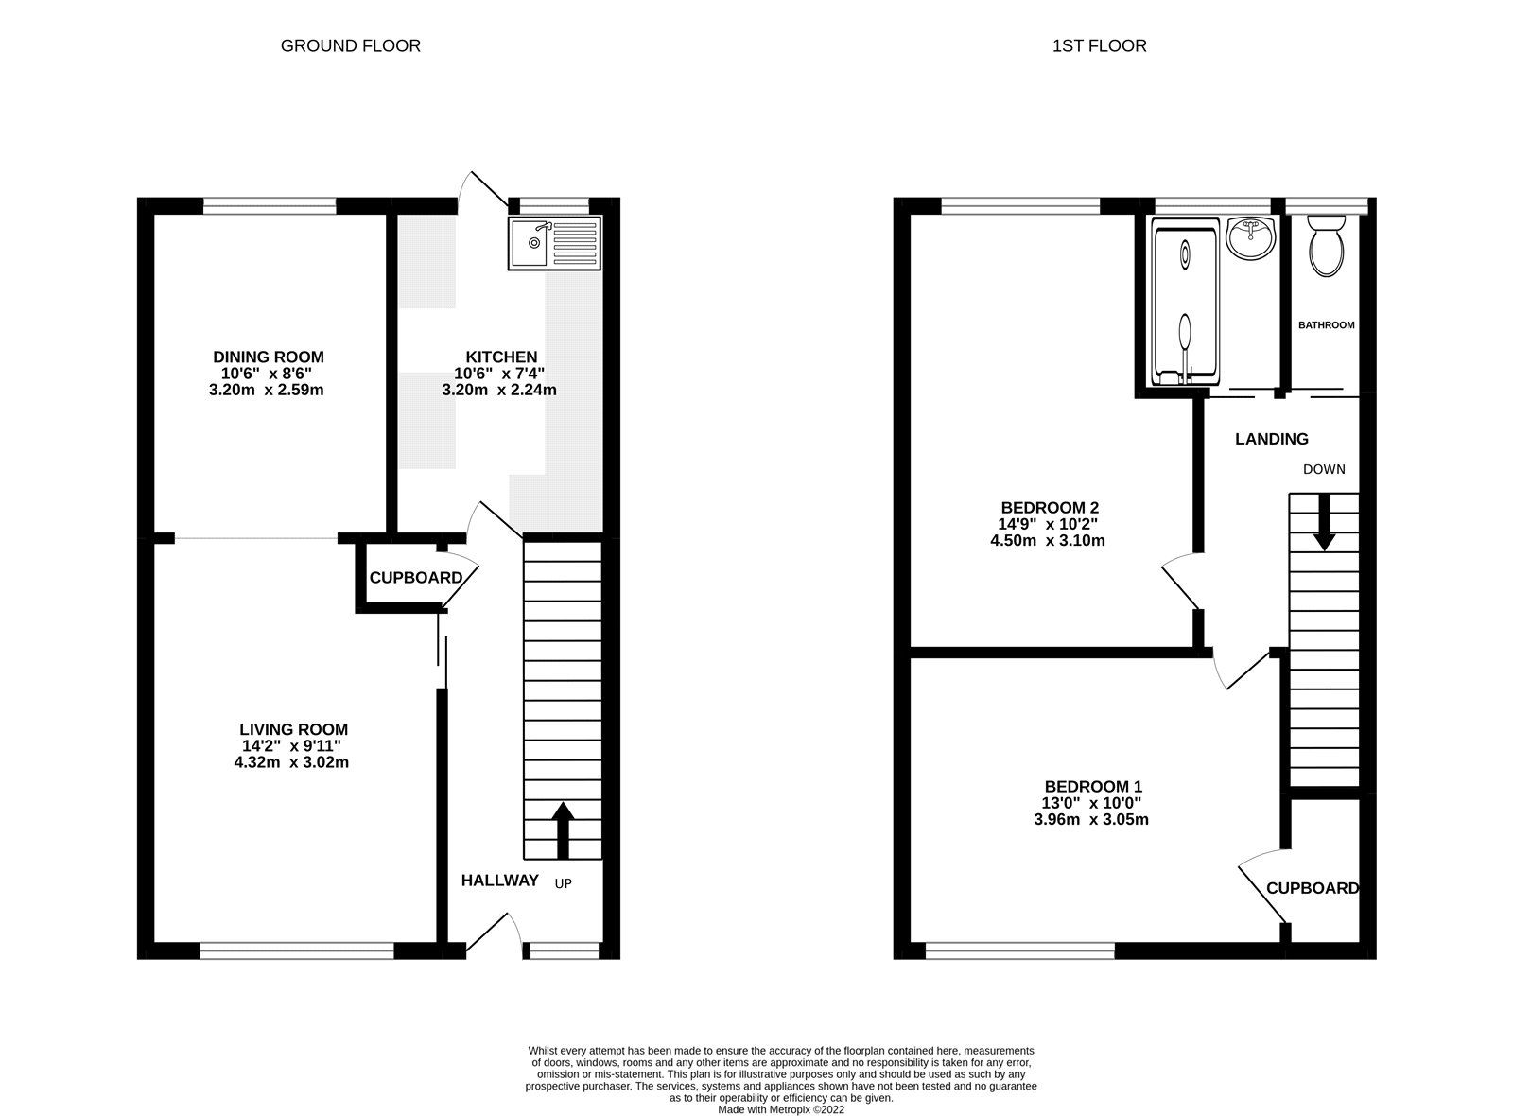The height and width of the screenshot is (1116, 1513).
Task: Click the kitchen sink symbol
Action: point(554,244)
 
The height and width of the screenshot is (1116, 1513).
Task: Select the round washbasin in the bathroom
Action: point(1251,237)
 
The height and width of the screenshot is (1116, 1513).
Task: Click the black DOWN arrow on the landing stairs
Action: point(1324,522)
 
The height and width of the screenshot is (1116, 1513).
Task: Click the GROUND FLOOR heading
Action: point(350,45)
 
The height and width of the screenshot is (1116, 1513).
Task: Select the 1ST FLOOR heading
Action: point(1099,45)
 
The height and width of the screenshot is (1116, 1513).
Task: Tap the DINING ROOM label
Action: point(268,357)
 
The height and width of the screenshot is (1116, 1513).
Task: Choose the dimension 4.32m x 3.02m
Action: point(291,761)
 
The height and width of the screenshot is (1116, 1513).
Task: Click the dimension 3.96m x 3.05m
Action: point(1092,819)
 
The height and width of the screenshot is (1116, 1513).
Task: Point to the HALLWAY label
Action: point(499,881)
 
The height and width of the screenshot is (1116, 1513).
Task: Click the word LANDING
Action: point(1272,439)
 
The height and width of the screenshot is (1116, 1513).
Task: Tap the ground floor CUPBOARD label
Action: point(415,578)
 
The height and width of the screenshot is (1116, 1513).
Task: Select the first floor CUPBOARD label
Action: point(1312,888)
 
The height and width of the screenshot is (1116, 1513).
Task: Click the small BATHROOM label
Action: point(1326,324)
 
